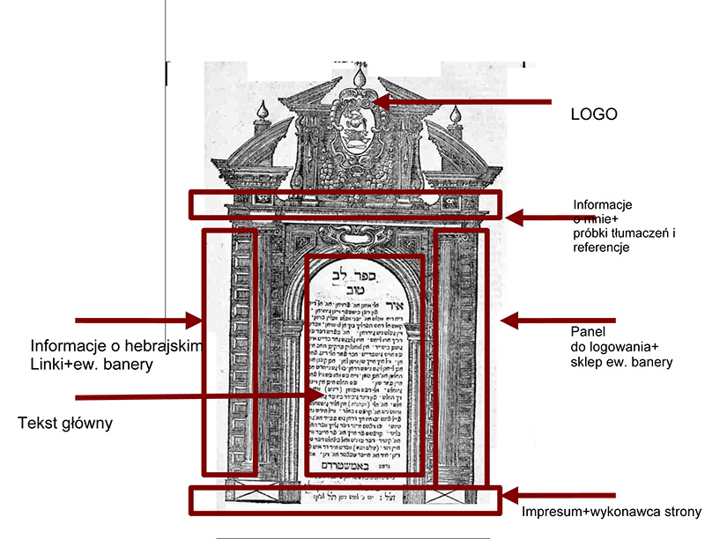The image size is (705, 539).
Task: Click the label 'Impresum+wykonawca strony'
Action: point(610,512)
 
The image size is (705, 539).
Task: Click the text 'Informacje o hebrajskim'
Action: point(117,344)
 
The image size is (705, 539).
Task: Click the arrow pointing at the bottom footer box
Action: point(546,497)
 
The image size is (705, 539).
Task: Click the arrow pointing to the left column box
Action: point(141,320)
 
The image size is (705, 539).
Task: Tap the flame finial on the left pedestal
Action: point(261,111)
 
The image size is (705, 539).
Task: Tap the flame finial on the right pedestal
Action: point(455,115)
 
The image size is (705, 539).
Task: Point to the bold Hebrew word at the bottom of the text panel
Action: point(361,461)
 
